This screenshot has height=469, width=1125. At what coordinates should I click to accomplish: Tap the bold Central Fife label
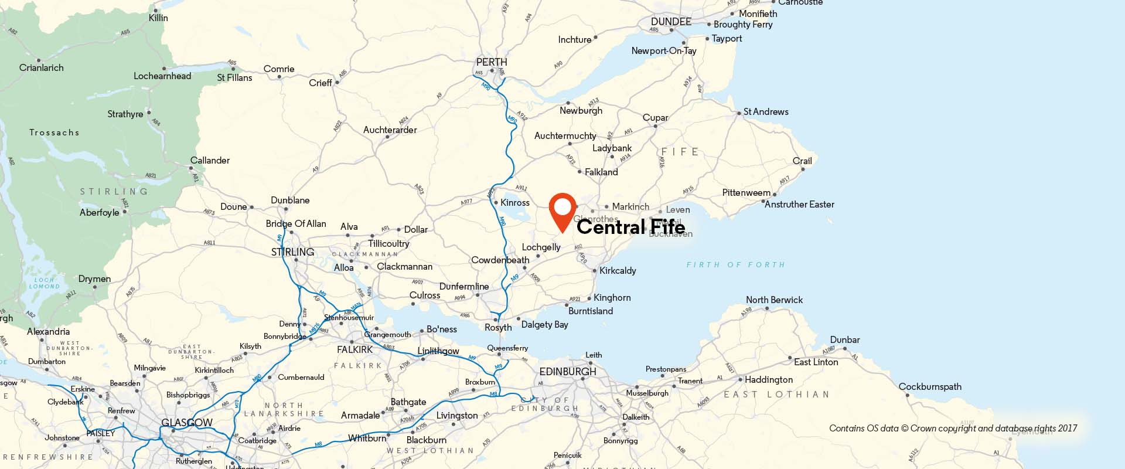(x=630, y=227)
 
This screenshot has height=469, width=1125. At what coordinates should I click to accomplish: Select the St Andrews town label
(x=766, y=111)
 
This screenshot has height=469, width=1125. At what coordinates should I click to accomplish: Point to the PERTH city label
(x=492, y=62)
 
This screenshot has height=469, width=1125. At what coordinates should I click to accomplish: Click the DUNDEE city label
(x=671, y=22)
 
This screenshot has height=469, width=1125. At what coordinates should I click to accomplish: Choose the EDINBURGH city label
(x=567, y=372)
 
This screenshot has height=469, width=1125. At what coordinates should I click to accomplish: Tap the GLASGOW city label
(x=187, y=423)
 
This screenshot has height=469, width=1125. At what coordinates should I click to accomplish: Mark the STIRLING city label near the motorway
(x=292, y=252)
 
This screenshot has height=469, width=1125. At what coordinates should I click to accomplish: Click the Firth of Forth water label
(x=735, y=265)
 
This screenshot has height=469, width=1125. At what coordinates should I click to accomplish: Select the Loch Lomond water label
(x=45, y=283)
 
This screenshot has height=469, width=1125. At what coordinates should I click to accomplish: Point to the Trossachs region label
(x=54, y=132)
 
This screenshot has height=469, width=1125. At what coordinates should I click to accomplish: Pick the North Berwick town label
(x=774, y=300)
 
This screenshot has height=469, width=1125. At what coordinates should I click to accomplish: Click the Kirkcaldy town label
(x=618, y=270)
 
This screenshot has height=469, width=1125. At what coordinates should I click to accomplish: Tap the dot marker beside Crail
(x=803, y=169)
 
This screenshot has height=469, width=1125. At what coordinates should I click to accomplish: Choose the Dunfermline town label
(x=464, y=286)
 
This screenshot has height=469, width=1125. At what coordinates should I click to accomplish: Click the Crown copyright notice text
(x=953, y=429)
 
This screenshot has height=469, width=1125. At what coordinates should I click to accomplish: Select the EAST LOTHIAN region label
(x=776, y=395)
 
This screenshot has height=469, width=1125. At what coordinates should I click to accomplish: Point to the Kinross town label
(x=514, y=202)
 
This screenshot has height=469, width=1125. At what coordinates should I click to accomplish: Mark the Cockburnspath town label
(x=930, y=386)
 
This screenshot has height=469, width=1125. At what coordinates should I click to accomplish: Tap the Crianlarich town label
(x=42, y=68)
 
